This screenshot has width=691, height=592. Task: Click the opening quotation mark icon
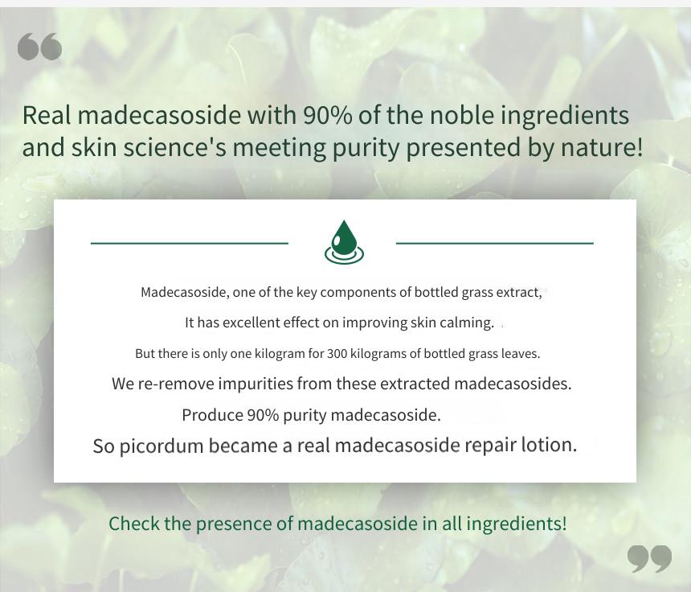pos(39,47)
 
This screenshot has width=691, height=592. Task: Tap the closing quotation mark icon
pos(649,558)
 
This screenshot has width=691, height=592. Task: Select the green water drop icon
pos(344,242)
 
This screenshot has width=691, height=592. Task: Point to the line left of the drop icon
pos(190,243)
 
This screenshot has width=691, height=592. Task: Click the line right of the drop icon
pos(495,243)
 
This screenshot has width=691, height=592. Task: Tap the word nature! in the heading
pos(602,147)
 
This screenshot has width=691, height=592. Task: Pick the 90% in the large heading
pos(327,116)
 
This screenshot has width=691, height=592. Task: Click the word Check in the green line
pos(134,524)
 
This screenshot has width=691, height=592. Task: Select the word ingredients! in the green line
pos(517,524)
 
